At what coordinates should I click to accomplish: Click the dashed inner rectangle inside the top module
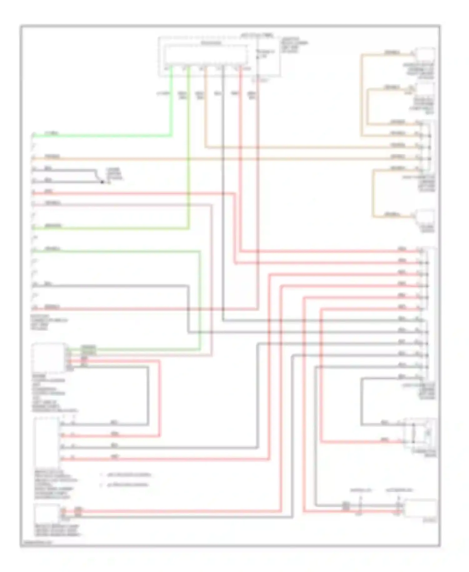(206, 55)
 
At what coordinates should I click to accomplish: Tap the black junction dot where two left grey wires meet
(102, 182)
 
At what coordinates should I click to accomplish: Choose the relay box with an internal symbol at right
(421, 433)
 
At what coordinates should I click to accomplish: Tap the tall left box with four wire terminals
(46, 441)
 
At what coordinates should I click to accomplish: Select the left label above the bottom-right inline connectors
(361, 490)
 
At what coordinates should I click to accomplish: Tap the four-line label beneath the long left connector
(48, 322)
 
